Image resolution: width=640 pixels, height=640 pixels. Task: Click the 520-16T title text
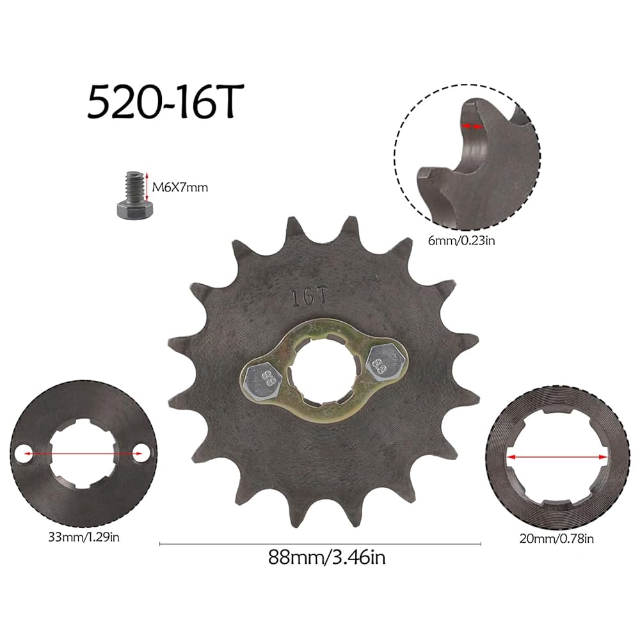(165, 101)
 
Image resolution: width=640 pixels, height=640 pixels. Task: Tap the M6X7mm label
(180, 188)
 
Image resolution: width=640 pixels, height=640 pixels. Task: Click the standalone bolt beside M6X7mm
(134, 195)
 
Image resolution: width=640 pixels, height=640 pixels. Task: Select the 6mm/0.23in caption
(461, 241)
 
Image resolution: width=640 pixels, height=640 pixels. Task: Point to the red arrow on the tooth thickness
(472, 127)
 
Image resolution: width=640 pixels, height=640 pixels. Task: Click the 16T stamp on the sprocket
(309, 297)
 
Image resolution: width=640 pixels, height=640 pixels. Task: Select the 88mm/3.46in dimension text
(326, 557)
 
